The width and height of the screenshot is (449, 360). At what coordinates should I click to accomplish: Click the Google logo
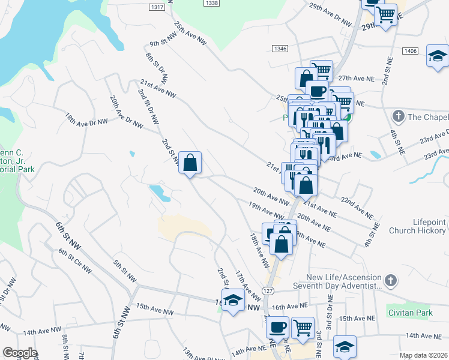tap(20, 353)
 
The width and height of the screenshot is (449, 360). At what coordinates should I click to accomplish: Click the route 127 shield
tap(268, 290)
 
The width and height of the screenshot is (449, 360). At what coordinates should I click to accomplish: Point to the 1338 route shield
tap(211, 3)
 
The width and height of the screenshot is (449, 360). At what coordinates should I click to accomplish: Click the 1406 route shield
tap(411, 51)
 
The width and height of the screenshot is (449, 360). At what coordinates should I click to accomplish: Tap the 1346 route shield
tap(279, 48)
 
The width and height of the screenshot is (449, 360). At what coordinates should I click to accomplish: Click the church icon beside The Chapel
tap(397, 115)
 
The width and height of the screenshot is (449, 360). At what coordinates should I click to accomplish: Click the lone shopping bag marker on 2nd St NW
tap(190, 163)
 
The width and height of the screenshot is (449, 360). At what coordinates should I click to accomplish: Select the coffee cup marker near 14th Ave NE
tap(277, 328)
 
